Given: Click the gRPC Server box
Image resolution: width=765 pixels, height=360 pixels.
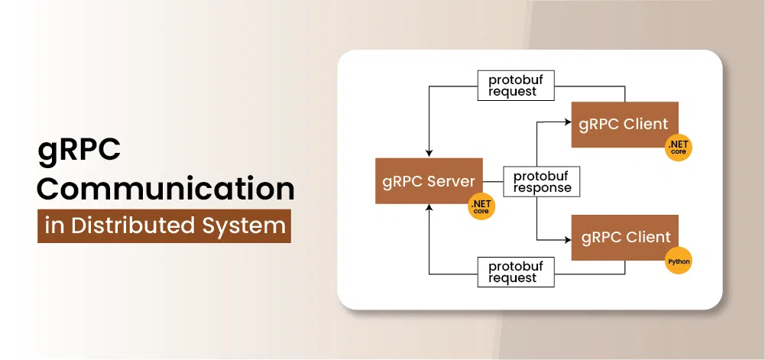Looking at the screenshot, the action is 429,181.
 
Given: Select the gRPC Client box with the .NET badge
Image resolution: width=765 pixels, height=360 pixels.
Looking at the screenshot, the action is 624,125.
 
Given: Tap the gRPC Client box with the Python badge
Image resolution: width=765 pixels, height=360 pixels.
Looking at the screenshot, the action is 624,238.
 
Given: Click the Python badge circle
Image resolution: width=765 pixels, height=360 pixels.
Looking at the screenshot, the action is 679,261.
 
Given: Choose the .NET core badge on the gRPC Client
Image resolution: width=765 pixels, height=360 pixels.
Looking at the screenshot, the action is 679,148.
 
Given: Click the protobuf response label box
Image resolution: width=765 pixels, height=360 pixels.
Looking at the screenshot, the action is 542,182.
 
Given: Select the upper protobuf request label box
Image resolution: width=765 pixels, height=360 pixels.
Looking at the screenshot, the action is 516,86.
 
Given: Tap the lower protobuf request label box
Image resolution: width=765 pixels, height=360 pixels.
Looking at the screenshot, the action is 516,271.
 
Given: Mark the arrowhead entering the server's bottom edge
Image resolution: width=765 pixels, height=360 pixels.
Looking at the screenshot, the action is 429,208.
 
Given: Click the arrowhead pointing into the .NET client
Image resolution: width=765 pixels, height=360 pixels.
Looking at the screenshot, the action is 567,122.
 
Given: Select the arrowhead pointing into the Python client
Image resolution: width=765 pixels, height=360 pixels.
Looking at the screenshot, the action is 567,239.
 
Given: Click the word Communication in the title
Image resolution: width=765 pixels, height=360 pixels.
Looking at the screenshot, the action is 166,190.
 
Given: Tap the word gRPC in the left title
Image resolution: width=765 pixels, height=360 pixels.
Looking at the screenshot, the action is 79,151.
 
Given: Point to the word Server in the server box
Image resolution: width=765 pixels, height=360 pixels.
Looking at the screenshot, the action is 452,181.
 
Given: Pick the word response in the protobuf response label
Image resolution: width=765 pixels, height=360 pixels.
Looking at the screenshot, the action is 542,188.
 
